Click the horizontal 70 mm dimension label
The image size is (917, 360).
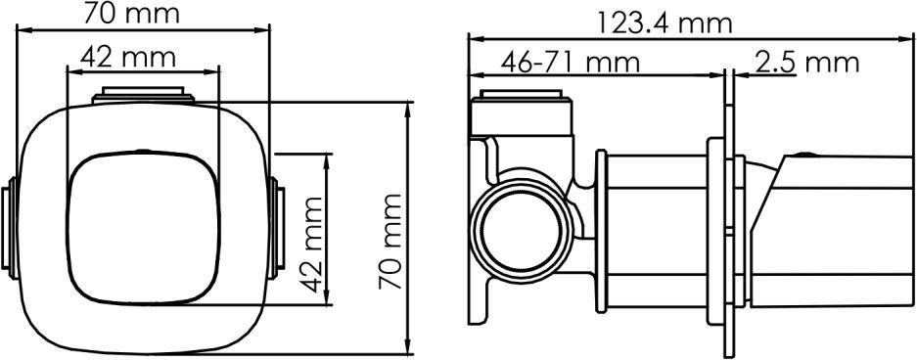pyautogui.click(x=131, y=14)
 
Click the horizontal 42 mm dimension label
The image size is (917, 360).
pyautogui.click(x=128, y=58)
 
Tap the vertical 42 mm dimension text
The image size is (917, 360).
pyautogui.click(x=313, y=245)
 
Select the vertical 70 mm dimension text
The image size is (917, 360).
pyautogui.click(x=390, y=241)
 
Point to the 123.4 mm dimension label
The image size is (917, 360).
pyautogui.click(x=665, y=24)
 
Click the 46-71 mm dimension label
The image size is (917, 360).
pyautogui.click(x=571, y=62)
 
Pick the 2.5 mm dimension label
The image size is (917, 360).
pyautogui.click(x=806, y=62)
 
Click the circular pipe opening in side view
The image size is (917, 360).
pyautogui.click(x=520, y=231)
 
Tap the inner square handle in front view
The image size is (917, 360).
pyautogui.click(x=144, y=228)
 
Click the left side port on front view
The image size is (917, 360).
pyautogui.click(x=10, y=227)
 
